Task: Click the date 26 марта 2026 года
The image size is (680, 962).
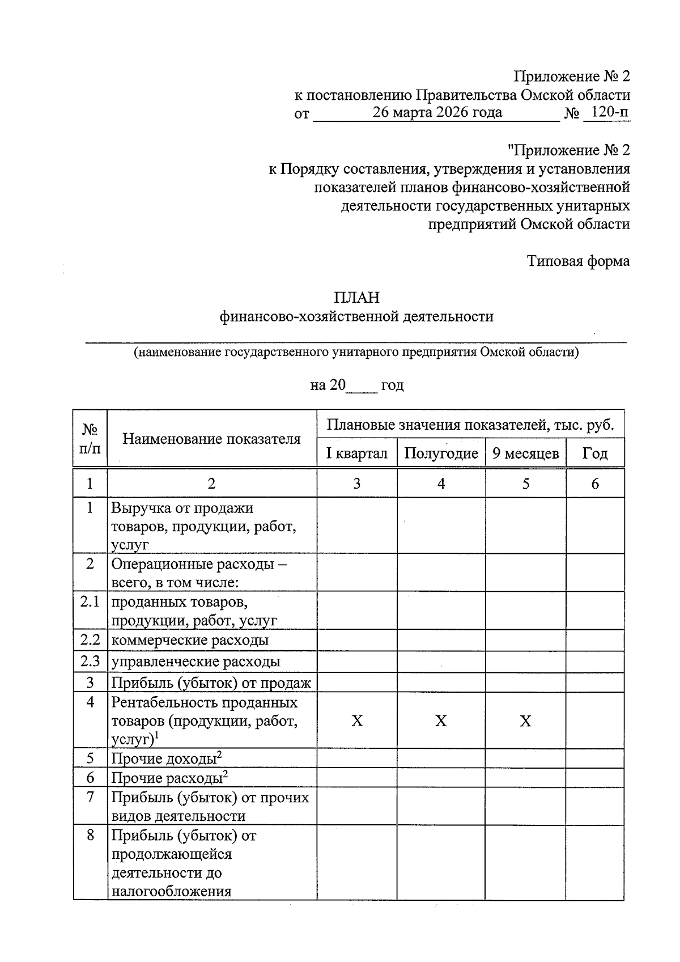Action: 437,112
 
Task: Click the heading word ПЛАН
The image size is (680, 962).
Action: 356,298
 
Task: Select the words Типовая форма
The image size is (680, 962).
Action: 579,261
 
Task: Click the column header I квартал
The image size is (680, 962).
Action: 356,454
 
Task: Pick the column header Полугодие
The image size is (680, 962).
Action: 441,454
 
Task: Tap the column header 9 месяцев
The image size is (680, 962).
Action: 526,454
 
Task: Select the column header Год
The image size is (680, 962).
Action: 595,454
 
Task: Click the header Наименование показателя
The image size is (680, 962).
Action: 211,439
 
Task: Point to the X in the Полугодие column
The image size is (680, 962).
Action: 441,721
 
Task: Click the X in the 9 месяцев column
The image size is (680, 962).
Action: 526,721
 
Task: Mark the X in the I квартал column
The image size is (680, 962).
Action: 357,721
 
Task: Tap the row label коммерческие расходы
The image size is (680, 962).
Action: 190,641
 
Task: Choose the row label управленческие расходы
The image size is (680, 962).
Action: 195,662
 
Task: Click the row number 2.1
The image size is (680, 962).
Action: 90,601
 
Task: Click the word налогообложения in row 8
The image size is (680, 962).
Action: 172,891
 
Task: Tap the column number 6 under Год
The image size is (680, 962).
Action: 595,484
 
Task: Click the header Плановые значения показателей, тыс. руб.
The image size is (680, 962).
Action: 470,425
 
